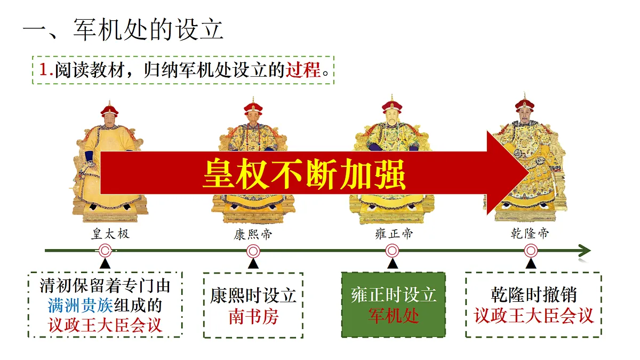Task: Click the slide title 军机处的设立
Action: point(148,29)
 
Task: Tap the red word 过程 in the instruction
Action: point(303,70)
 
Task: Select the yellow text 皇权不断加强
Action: point(304,174)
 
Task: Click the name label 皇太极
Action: point(110,234)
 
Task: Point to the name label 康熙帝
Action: point(253,234)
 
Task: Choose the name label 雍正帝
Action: point(394,234)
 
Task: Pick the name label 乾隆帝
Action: point(530,233)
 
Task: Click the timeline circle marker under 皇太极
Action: point(105,251)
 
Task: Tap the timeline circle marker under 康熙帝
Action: point(253,251)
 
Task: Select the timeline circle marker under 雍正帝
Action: point(393,251)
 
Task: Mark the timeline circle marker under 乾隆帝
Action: point(531,251)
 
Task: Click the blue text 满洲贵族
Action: point(81,306)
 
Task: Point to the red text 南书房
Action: point(253,317)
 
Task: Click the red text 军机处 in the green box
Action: point(394,316)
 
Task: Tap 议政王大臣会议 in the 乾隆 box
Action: point(533,316)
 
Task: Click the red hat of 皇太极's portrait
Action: point(109,109)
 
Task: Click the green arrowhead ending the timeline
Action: point(585,251)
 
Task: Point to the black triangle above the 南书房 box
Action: point(253,263)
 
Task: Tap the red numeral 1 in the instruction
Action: point(44,70)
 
